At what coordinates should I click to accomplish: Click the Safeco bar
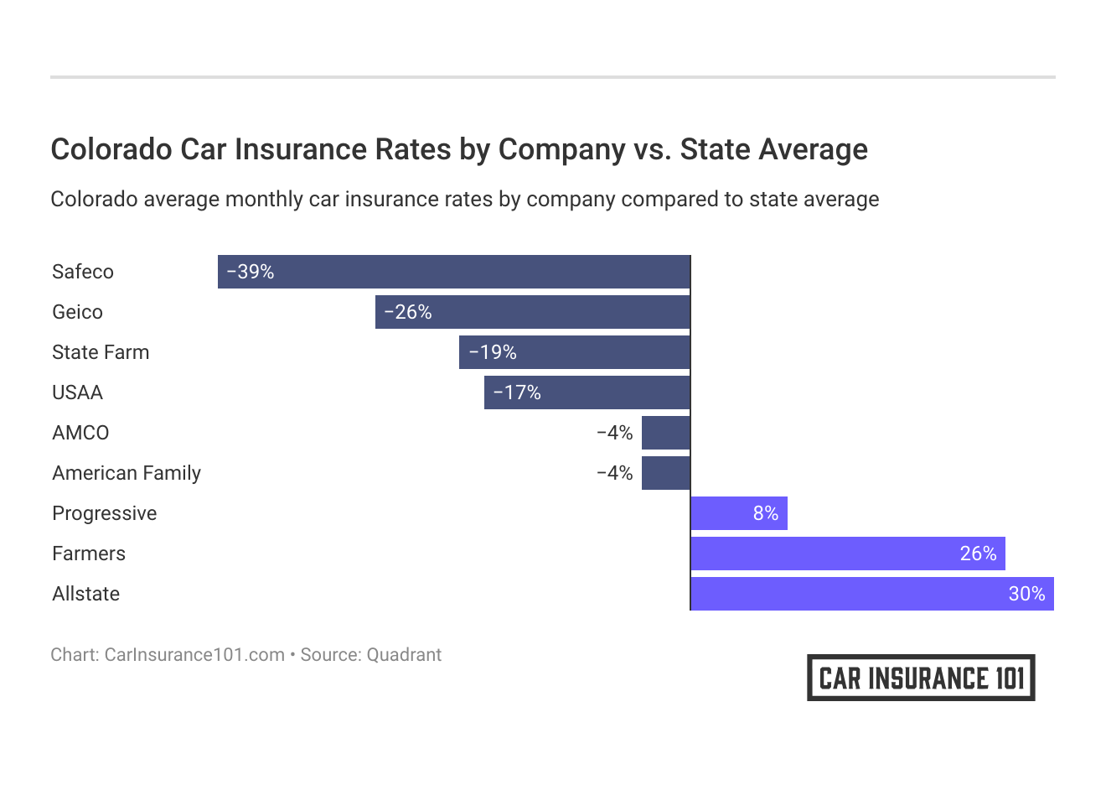pyautogui.click(x=453, y=272)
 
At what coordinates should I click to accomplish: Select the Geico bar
pyautogui.click(x=532, y=312)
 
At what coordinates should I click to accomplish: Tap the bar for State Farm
pyautogui.click(x=574, y=352)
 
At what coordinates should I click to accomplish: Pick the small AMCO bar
pyautogui.click(x=665, y=433)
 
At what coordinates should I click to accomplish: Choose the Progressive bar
pyautogui.click(x=738, y=513)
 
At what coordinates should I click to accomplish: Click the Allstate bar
pyautogui.click(x=871, y=594)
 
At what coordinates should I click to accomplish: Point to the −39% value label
pyautogui.click(x=251, y=272)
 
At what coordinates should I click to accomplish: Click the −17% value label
pyautogui.click(x=517, y=392)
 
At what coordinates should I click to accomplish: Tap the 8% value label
pyautogui.click(x=766, y=513)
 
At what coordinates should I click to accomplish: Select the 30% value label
pyautogui.click(x=1026, y=594)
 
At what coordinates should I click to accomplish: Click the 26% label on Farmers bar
pyautogui.click(x=978, y=554)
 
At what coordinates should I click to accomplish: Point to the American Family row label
pyautogui.click(x=127, y=473)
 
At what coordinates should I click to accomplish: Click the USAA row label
pyautogui.click(x=77, y=392)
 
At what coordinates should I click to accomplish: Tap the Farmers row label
pyautogui.click(x=89, y=554)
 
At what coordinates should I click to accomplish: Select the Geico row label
pyautogui.click(x=77, y=312)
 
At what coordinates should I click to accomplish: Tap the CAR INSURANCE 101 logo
pyautogui.click(x=921, y=678)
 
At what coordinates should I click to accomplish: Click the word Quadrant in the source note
pyautogui.click(x=404, y=655)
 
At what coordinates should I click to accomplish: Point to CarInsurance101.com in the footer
pyautogui.click(x=194, y=655)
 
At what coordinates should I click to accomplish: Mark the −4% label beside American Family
pyautogui.click(x=614, y=473)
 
